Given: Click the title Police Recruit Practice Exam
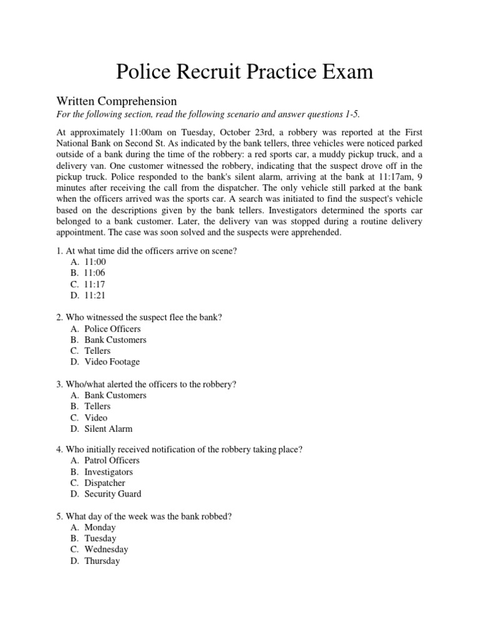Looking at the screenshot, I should (244, 72).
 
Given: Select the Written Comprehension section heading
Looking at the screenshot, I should (117, 101).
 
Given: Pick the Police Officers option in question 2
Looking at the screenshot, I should (112, 328).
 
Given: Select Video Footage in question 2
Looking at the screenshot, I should (112, 362).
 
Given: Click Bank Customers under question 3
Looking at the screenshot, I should (115, 395).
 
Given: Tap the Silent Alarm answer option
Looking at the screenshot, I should (109, 429).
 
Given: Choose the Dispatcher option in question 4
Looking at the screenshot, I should (105, 483).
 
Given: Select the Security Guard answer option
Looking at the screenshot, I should (113, 494).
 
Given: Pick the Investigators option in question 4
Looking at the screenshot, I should (109, 472).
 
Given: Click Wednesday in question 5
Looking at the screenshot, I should (106, 550).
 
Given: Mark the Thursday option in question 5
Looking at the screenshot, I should (102, 561).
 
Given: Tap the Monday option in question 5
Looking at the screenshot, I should (100, 527).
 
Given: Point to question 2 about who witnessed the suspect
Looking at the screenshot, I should (139, 317).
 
